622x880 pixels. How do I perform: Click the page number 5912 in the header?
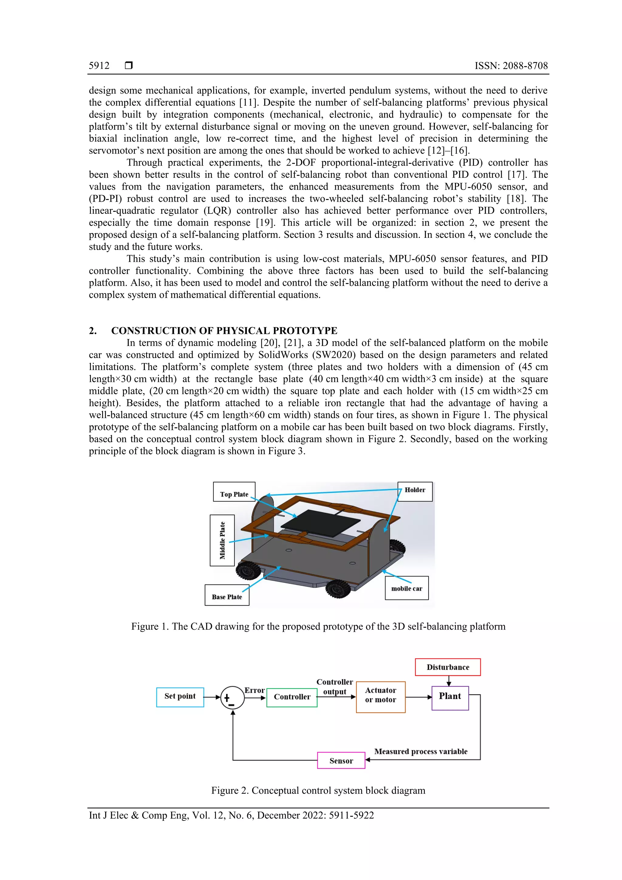(99, 66)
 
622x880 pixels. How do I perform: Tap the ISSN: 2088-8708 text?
(511, 66)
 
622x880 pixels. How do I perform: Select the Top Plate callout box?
(234, 492)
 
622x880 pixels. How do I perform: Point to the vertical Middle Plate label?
(222, 540)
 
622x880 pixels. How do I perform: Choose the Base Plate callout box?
(227, 595)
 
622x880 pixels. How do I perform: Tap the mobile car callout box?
(407, 588)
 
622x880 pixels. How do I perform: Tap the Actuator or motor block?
(381, 697)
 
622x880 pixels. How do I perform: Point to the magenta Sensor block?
(341, 760)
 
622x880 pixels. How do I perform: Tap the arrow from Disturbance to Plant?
(449, 681)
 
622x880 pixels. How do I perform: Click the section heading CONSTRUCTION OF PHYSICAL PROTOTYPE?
(224, 330)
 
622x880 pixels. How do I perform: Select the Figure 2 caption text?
(318, 790)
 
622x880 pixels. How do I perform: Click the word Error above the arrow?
(255, 690)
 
